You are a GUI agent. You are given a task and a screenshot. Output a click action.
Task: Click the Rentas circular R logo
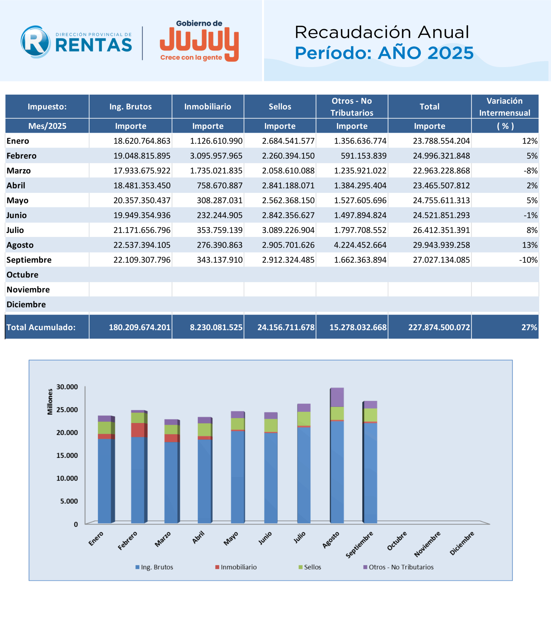(x=35, y=42)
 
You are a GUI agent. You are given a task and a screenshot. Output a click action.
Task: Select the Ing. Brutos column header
(x=131, y=107)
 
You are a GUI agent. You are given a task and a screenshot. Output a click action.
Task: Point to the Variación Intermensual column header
(x=505, y=107)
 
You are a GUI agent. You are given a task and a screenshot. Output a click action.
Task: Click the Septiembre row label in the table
(x=29, y=260)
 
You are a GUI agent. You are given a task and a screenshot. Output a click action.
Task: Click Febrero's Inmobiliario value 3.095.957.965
(x=216, y=156)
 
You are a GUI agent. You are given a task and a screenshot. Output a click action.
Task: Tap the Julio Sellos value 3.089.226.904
(x=288, y=230)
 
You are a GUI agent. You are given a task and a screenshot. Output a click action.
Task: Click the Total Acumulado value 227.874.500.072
(x=439, y=327)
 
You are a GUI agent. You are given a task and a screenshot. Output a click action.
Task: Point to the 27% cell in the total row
(x=529, y=327)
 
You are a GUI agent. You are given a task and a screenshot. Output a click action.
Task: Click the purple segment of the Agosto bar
(x=337, y=397)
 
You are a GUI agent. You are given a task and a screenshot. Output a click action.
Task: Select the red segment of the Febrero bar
(x=138, y=430)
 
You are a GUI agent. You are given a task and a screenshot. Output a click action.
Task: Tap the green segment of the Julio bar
(x=304, y=419)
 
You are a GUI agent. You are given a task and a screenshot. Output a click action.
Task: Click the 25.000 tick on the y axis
(x=67, y=410)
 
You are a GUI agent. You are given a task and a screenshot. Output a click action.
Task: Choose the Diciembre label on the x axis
(x=462, y=543)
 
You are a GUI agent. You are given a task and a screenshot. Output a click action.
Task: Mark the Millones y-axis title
(x=50, y=402)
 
